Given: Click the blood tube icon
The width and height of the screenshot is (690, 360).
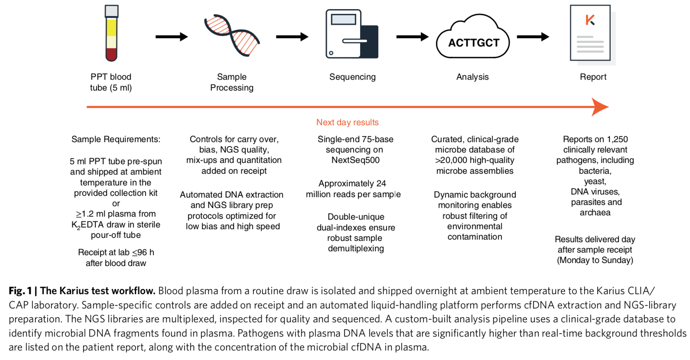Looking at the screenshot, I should (111, 33).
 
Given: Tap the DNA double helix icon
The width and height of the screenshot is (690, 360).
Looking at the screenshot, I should (232, 35).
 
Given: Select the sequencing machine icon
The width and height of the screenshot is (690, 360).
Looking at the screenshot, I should (352, 34).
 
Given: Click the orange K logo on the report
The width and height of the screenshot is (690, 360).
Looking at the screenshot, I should (590, 19).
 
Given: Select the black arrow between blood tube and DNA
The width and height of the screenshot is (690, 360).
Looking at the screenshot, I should (172, 37).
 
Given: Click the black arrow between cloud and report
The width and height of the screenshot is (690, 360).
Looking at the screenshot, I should (533, 37).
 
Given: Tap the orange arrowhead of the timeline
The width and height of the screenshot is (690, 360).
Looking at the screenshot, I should (600, 107).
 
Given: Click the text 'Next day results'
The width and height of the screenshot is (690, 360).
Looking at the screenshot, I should (347, 122).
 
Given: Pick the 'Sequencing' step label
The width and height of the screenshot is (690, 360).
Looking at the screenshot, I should (352, 77).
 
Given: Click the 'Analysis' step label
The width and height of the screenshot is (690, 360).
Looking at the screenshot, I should (472, 77).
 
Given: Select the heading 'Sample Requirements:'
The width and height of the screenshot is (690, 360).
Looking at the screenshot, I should (116, 139).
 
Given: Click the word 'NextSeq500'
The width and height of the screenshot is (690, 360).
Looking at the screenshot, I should (355, 160).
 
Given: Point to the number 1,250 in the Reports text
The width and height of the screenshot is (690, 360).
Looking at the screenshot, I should (617, 139).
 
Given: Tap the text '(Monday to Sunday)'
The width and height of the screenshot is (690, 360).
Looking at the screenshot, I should (595, 260).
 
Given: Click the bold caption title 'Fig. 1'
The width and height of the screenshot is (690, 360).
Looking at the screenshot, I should (20, 291).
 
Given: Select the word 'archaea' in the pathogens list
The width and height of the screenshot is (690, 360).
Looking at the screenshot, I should (595, 212).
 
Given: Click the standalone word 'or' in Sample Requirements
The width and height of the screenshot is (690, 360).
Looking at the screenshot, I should (116, 203).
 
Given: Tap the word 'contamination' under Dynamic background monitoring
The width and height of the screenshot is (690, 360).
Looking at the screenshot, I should (475, 237).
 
